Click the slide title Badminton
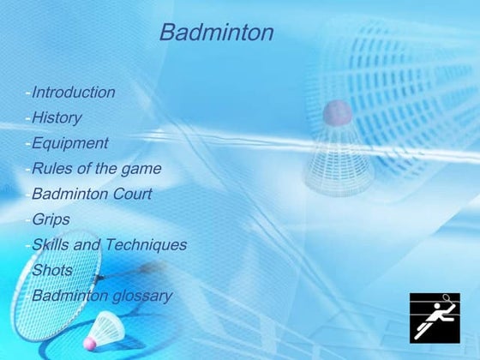tap(216, 33)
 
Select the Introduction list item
tap(73, 93)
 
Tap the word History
tap(57, 117)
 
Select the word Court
tap(133, 194)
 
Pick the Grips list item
tap(51, 219)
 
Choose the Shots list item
tap(52, 271)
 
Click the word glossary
tap(143, 297)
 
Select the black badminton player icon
tap(435, 316)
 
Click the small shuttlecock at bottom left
tap(106, 330)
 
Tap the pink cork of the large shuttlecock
tap(336, 112)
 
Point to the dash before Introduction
tap(28, 93)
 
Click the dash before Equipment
tap(28, 143)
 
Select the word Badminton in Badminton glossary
tap(71, 297)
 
